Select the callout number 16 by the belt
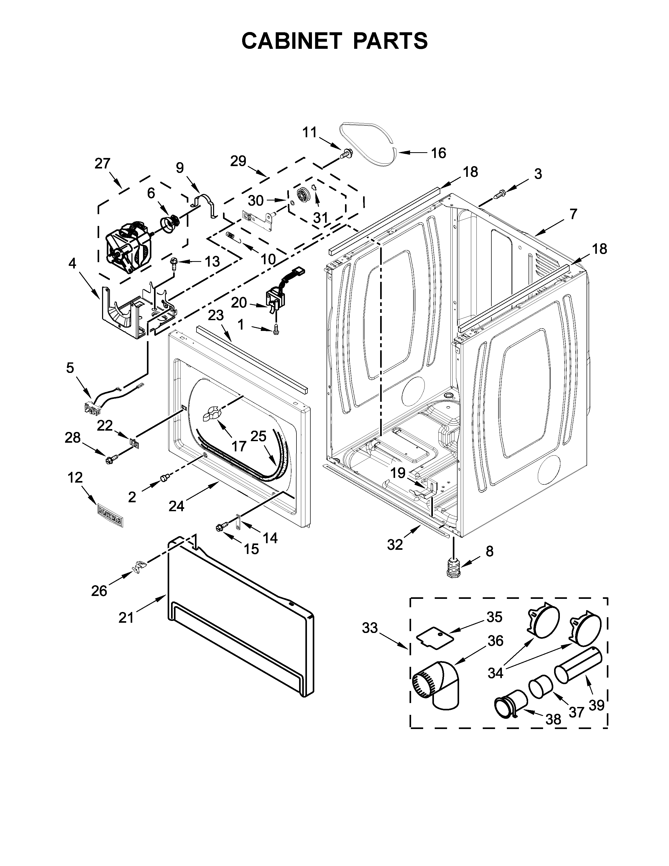point(438,153)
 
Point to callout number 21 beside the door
point(126,617)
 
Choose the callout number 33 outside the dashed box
point(370,629)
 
